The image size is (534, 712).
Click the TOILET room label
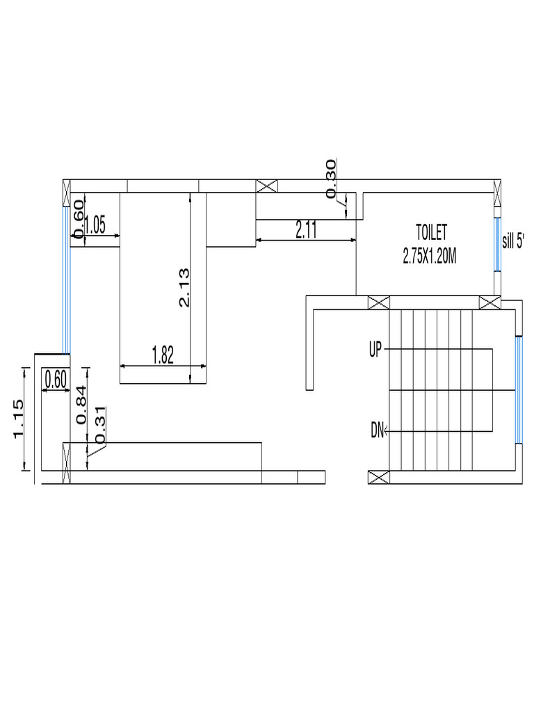432,231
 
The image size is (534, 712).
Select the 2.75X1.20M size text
429,256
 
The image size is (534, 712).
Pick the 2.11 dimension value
307,230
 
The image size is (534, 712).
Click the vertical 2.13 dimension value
184,289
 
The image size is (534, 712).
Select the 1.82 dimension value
163,355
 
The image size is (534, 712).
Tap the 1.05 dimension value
95,225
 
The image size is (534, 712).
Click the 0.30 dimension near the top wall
331,179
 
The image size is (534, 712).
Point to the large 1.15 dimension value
19,419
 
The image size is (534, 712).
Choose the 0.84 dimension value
81,405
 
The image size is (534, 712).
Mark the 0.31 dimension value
101,425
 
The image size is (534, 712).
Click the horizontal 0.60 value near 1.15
55,380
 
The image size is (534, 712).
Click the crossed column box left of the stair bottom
378,478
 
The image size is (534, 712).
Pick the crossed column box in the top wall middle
266,186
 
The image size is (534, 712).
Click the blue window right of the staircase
518,389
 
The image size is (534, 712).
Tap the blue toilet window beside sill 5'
496,245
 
